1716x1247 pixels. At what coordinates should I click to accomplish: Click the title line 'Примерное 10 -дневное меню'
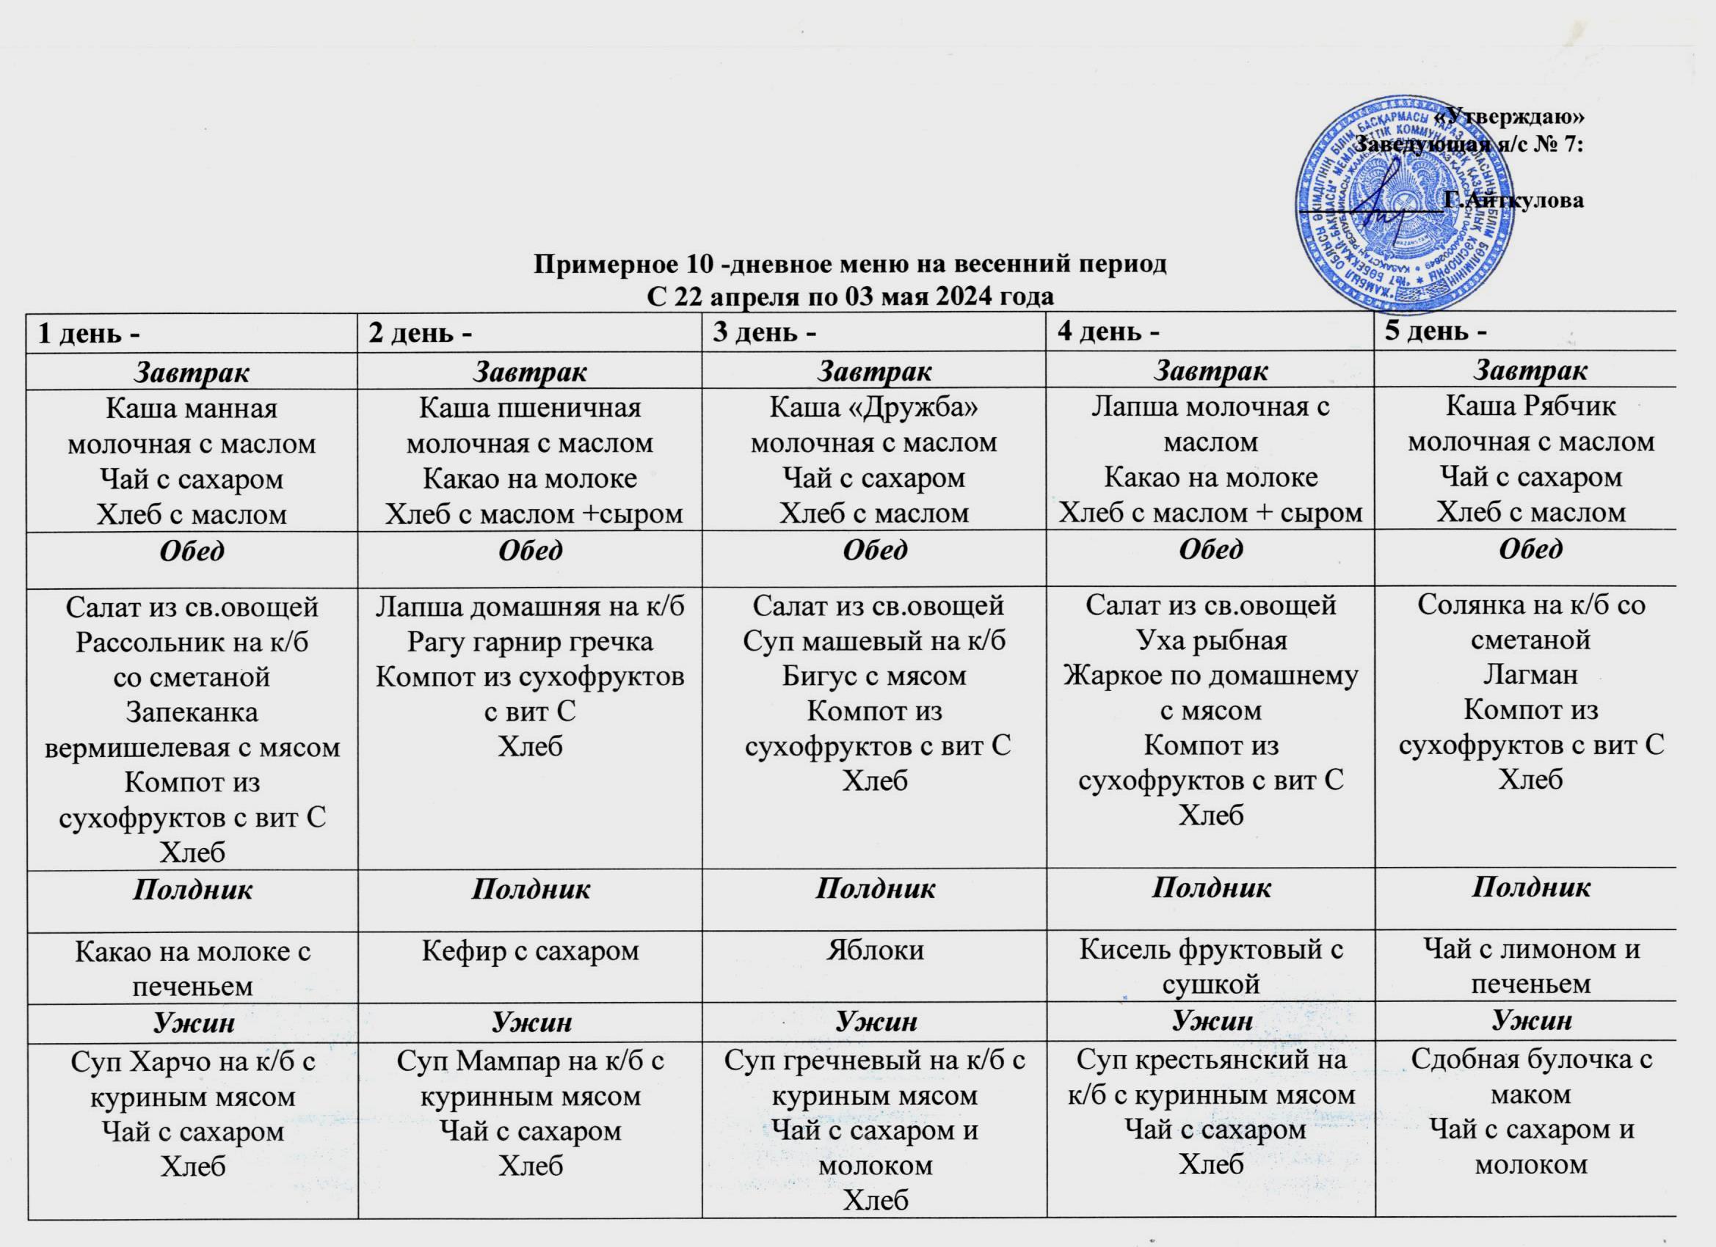[x=851, y=264]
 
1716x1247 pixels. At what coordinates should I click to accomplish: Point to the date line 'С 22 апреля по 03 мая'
[x=851, y=296]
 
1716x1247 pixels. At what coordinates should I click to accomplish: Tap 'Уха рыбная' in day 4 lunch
[x=1210, y=640]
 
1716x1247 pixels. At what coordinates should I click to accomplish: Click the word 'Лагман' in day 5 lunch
[x=1530, y=674]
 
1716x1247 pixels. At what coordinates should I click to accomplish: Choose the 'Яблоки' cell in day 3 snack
[x=874, y=950]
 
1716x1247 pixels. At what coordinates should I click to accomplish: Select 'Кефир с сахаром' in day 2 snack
[x=530, y=951]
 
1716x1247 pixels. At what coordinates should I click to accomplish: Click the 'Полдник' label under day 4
[x=1210, y=888]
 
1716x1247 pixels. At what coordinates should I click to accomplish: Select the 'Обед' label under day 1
[x=192, y=549]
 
